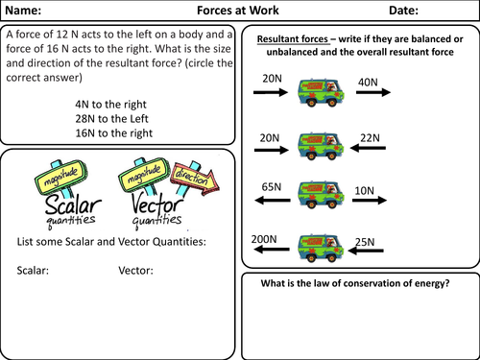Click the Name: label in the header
23,11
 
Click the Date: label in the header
403,11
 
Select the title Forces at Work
238,11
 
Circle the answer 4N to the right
110,105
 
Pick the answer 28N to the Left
111,119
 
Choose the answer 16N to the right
114,133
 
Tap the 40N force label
368,83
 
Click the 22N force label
370,138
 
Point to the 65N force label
272,186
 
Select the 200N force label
264,239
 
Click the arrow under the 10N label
370,201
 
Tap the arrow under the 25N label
366,251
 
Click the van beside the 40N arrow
321,92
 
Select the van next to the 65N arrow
321,195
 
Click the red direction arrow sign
195,178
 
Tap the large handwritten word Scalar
73,204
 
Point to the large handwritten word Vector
157,204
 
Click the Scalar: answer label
33,271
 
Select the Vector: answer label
135,271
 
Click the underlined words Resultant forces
293,39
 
